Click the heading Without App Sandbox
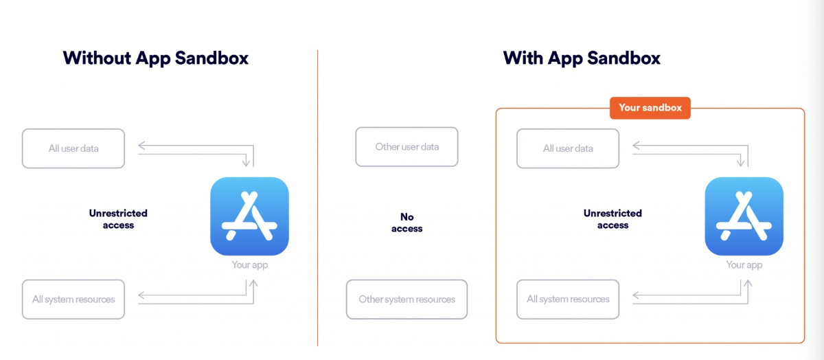click(156, 58)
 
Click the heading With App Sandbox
click(582, 58)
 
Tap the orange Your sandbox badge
click(650, 108)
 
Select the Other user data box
click(407, 146)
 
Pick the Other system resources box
click(407, 300)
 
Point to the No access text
click(407, 223)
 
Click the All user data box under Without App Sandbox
click(73, 148)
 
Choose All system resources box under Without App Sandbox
click(73, 300)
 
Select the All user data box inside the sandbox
click(568, 148)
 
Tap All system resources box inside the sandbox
click(568, 300)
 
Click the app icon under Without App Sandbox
click(249, 216)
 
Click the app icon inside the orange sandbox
click(744, 216)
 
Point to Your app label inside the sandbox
click(744, 265)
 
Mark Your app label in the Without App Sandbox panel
click(249, 265)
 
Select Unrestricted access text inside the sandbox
click(613, 219)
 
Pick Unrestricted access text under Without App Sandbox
click(118, 219)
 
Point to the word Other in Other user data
click(387, 146)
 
